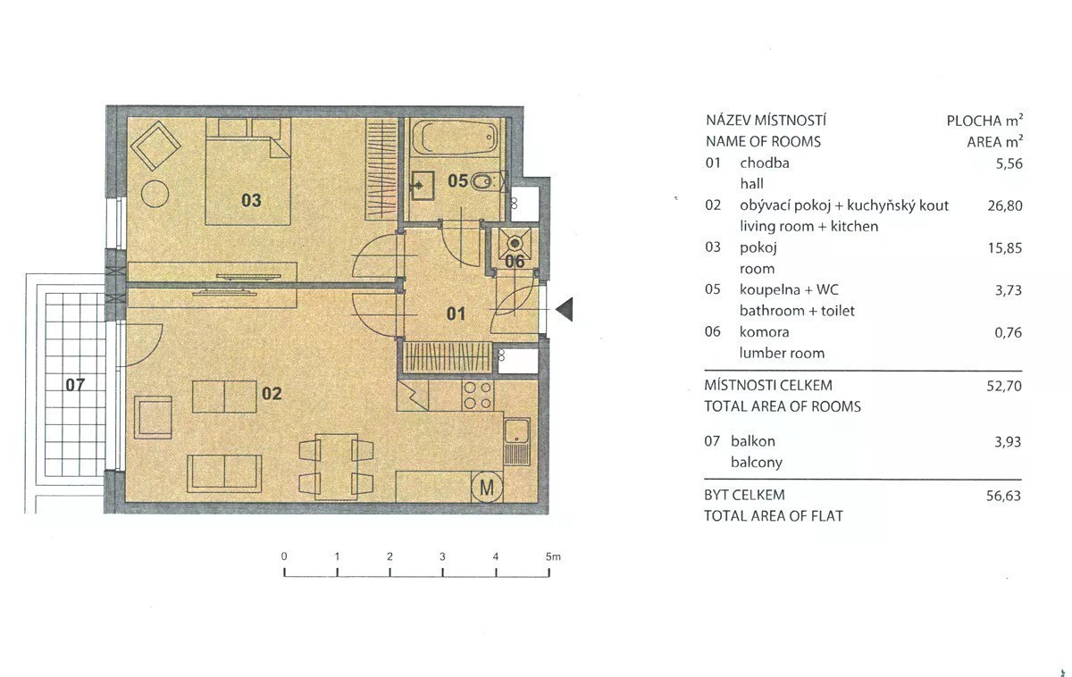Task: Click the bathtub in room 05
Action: [456, 138]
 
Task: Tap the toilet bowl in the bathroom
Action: [482, 182]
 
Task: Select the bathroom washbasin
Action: [423, 186]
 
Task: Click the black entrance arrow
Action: [564, 309]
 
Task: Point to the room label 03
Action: [251, 200]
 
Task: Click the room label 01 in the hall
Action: [456, 313]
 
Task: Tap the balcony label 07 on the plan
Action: [75, 384]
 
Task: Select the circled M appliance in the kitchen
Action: [487, 487]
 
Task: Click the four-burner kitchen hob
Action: [478, 395]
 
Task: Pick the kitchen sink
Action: [516, 441]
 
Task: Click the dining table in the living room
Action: [337, 466]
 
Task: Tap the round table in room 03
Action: [155, 193]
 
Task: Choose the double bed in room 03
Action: [248, 171]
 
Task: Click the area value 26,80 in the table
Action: [1005, 205]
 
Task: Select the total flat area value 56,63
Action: [1003, 496]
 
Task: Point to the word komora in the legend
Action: [765, 331]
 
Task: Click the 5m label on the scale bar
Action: [553, 557]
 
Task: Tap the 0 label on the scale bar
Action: [284, 556]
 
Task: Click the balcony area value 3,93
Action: [1008, 441]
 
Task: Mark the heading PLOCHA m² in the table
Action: [984, 120]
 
